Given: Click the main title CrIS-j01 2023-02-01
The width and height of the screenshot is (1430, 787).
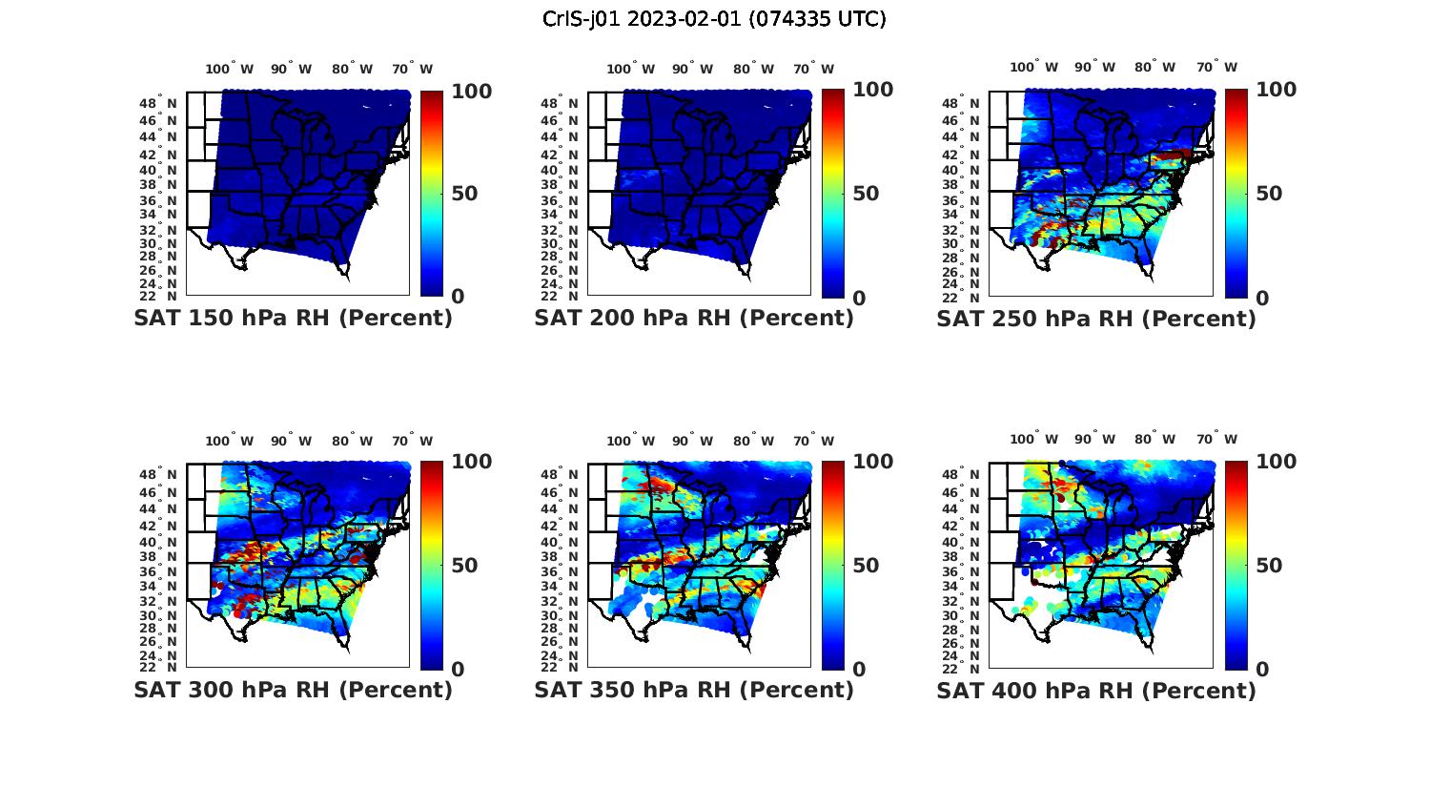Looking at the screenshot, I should click(x=714, y=19).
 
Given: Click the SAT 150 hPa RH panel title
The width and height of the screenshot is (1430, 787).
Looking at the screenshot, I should click(x=294, y=319).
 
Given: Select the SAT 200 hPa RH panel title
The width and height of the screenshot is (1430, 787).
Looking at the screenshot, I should click(x=694, y=319).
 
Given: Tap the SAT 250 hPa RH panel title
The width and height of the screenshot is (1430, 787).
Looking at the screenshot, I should click(x=1096, y=319).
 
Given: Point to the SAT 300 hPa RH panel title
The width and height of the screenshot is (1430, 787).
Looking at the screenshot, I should click(x=294, y=690).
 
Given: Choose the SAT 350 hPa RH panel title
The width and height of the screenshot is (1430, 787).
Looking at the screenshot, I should click(x=694, y=690).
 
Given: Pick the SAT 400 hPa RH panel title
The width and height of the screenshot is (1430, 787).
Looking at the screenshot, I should click(x=1096, y=690).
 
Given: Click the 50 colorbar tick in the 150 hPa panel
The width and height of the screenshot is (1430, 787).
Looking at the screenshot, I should click(x=464, y=194).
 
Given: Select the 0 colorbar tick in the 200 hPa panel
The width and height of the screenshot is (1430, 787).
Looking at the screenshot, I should click(x=859, y=298).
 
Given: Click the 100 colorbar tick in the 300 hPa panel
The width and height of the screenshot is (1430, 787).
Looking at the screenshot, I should click(x=471, y=462).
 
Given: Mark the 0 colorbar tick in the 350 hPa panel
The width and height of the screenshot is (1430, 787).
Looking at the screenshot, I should click(x=859, y=669).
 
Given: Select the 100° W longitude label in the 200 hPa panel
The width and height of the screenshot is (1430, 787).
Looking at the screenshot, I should click(x=630, y=69).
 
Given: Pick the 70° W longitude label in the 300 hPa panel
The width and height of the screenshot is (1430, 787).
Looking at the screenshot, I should click(x=412, y=441).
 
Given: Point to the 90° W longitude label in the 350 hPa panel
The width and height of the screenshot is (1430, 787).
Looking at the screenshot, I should click(x=693, y=441).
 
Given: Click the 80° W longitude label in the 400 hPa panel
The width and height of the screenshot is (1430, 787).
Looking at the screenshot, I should click(x=1154, y=439).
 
